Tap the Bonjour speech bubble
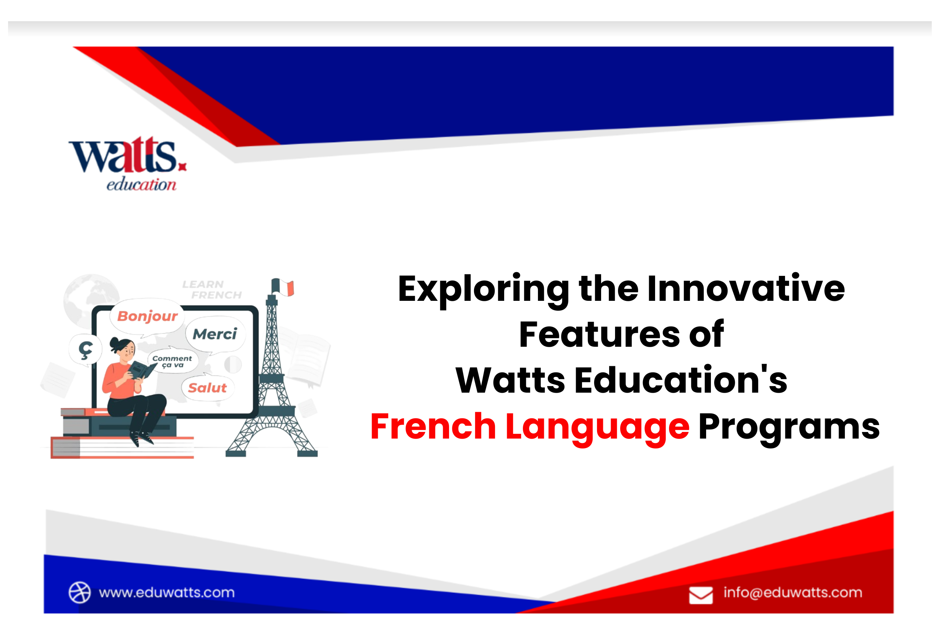pyautogui.click(x=148, y=316)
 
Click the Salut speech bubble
pyautogui.click(x=207, y=388)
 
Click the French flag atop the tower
pyautogui.click(x=283, y=288)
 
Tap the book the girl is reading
pyautogui.click(x=141, y=370)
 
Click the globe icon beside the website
pyautogui.click(x=80, y=592)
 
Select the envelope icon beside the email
pyautogui.click(x=701, y=595)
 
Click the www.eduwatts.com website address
pyautogui.click(x=167, y=592)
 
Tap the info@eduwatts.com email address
pyautogui.click(x=793, y=592)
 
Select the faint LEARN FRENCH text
pyautogui.click(x=212, y=290)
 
